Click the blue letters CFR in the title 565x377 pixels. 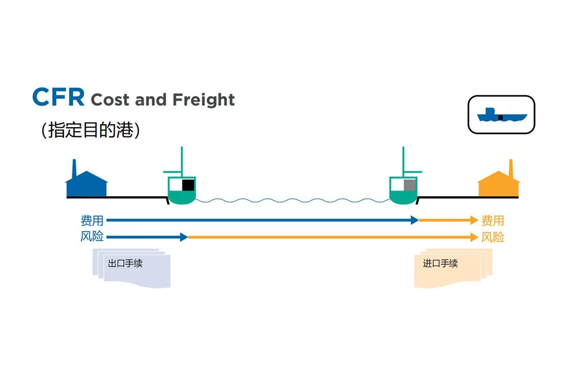pyautogui.click(x=58, y=97)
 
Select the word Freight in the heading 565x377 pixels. pyautogui.click(x=203, y=100)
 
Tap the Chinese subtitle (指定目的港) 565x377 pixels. pyautogui.click(x=90, y=131)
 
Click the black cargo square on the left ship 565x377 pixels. pyautogui.click(x=188, y=185)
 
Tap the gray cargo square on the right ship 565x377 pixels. pyautogui.click(x=409, y=185)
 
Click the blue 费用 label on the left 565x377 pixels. pyautogui.click(x=92, y=220)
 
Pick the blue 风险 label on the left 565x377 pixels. pyautogui.click(x=92, y=237)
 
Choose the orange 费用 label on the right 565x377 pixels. pyautogui.click(x=492, y=220)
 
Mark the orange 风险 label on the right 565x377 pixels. pyautogui.click(x=492, y=237)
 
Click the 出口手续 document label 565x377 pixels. pyautogui.click(x=125, y=263)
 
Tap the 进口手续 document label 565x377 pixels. pyautogui.click(x=440, y=263)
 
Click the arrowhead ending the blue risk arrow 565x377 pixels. pyautogui.click(x=184, y=237)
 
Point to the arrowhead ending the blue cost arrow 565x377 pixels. pyautogui.click(x=415, y=220)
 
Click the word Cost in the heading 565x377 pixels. pyautogui.click(x=111, y=100)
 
